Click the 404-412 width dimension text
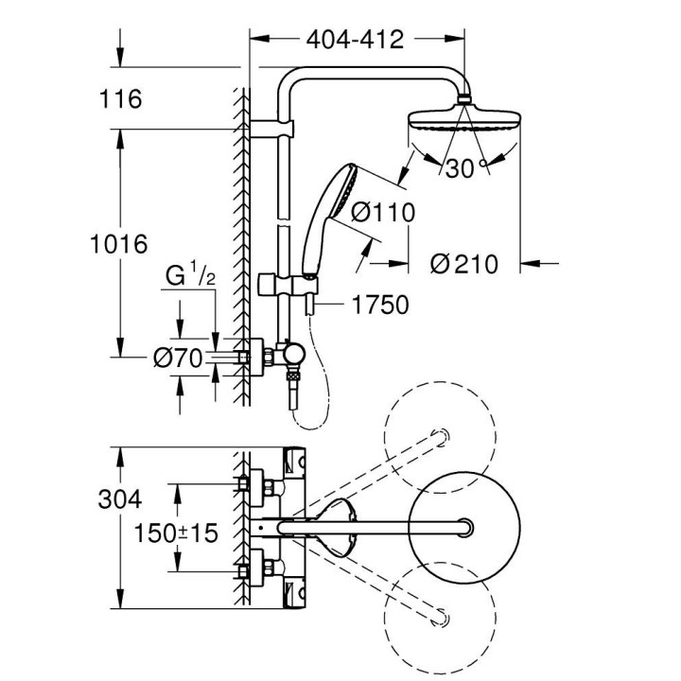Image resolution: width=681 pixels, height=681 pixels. pyautogui.click(x=356, y=39)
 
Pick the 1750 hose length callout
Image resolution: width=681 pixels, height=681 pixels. pyautogui.click(x=378, y=305)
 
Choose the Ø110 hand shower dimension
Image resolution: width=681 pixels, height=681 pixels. pyautogui.click(x=382, y=213)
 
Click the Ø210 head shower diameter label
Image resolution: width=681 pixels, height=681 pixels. pyautogui.click(x=463, y=264)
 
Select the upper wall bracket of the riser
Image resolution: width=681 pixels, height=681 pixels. pyautogui.click(x=272, y=127)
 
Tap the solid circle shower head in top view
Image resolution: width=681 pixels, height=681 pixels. pyautogui.click(x=463, y=525)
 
